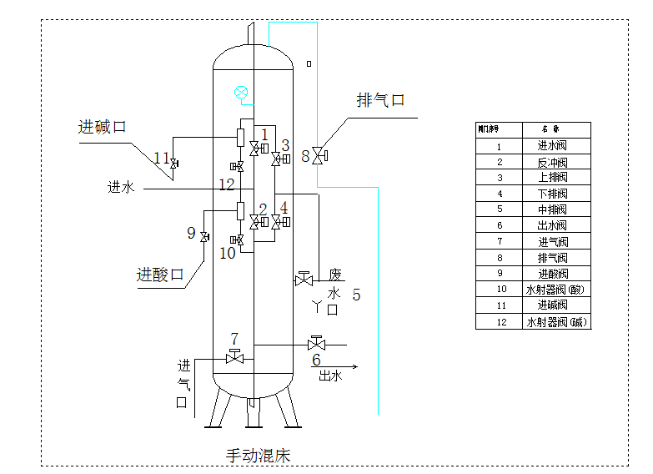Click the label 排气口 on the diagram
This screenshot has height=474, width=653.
[380, 101]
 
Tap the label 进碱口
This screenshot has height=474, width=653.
[102, 127]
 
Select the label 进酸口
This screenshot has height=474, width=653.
[160, 275]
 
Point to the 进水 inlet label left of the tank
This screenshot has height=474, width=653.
[121, 188]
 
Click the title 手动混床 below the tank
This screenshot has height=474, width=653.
[258, 455]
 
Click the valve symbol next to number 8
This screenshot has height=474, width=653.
[319, 155]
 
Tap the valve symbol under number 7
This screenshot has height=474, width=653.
[235, 358]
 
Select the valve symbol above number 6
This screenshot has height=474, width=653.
[316, 343]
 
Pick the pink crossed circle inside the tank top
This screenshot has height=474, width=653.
[241, 91]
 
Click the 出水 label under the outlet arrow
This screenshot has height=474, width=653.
[330, 376]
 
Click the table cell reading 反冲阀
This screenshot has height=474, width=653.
[552, 162]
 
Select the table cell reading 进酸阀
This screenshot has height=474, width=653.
[552, 274]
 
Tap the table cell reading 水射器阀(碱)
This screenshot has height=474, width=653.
[555, 322]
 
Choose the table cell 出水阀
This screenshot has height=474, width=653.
[552, 225]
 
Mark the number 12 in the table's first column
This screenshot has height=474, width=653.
[499, 322]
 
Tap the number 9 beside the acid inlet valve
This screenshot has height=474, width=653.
[191, 234]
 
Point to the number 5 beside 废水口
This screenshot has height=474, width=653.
[356, 294]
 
